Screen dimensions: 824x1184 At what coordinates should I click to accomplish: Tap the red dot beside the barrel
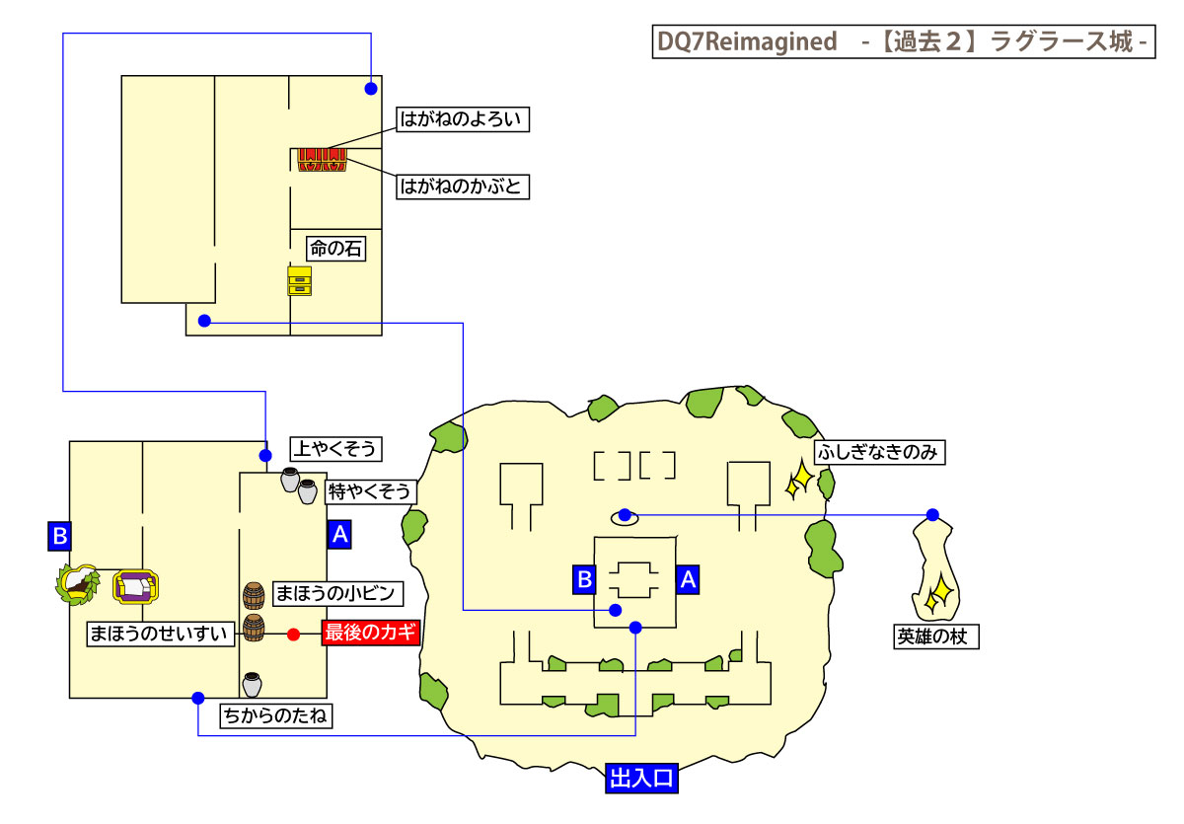tap(293, 634)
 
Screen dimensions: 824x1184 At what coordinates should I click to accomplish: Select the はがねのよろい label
tap(463, 120)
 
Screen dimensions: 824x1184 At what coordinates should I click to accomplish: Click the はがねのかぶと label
tap(463, 186)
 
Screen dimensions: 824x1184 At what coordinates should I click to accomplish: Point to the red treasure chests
tap(324, 160)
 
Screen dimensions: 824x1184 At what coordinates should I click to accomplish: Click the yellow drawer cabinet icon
tap(299, 280)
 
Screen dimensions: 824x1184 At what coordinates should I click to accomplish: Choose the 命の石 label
tap(335, 250)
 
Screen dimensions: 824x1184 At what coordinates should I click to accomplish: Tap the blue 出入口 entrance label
tap(641, 780)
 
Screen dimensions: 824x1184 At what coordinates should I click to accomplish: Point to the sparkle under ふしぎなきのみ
tap(798, 483)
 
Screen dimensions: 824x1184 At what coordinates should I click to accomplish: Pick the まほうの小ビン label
tap(336, 593)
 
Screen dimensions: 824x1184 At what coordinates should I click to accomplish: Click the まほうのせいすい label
tap(161, 633)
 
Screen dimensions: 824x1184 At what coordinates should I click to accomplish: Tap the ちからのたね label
tap(275, 716)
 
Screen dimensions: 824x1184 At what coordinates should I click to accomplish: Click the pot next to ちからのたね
tap(252, 684)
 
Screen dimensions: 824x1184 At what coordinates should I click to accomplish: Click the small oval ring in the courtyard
tap(624, 515)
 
